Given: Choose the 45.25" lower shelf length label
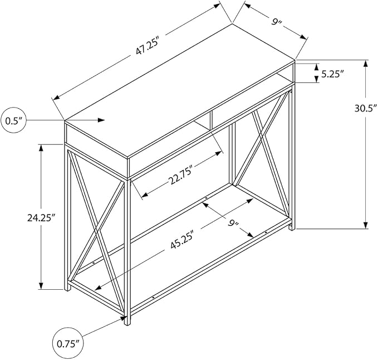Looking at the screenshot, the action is (182, 240).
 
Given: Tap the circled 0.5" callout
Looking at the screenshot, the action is (14, 120).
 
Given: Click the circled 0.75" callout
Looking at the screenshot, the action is (66, 343).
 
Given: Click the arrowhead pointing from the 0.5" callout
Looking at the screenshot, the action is (101, 120).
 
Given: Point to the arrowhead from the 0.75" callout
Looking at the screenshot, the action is (123, 318).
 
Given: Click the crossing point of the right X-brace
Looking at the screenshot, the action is (261, 142).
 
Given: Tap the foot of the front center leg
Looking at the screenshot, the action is (127, 322).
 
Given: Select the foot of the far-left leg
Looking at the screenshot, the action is (68, 288).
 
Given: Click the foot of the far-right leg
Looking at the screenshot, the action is (292, 227).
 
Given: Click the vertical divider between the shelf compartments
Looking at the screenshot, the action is (211, 120).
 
